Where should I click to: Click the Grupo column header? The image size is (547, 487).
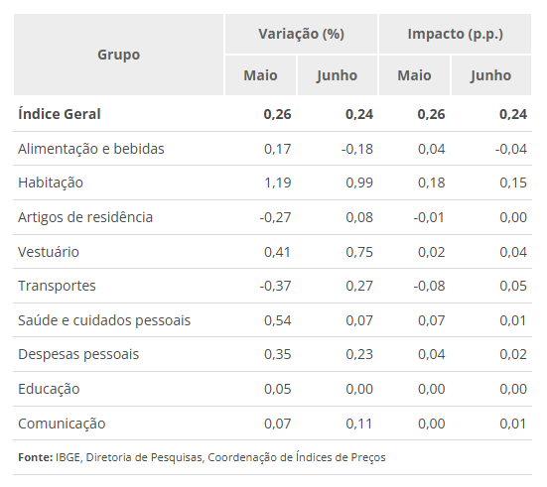pyautogui.click(x=118, y=55)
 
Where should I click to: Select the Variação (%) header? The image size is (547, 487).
pyautogui.click(x=301, y=34)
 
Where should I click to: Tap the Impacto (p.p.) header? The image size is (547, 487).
pyautogui.click(x=455, y=34)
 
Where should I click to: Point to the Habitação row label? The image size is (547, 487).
pyautogui.click(x=51, y=183)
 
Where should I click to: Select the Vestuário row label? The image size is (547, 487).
pyautogui.click(x=49, y=251)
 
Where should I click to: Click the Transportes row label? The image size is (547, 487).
pyautogui.click(x=57, y=286)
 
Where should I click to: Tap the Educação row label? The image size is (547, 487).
pyautogui.click(x=49, y=389)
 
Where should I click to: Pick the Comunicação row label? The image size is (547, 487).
pyautogui.click(x=62, y=424)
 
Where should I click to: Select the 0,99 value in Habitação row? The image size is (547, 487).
pyautogui.click(x=358, y=183)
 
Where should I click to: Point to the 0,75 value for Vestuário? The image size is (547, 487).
pyautogui.click(x=358, y=251)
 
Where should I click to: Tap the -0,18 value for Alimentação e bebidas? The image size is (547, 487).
pyautogui.click(x=356, y=149)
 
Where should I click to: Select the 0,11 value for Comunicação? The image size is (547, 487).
pyautogui.click(x=358, y=424)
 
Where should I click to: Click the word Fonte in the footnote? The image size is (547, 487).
pyautogui.click(x=35, y=457)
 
